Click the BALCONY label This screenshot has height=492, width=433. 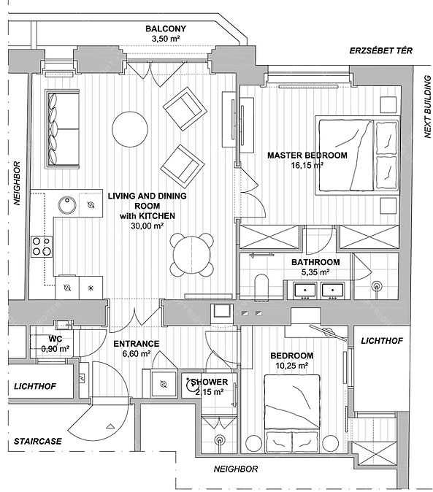coord(166,28)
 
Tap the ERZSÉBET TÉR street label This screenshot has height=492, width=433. coord(381,50)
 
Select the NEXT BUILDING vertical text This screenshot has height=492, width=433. coord(427,107)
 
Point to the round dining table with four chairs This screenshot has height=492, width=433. coord(192,255)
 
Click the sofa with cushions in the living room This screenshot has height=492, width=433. coord(63,129)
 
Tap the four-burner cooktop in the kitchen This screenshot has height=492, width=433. coord(42,246)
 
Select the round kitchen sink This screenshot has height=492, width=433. coord(67,205)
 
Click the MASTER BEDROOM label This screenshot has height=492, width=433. coord(307,155)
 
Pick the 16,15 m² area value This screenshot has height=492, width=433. coord(307,165)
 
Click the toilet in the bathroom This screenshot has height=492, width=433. coord(261,287)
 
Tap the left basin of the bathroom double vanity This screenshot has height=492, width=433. coord(304,291)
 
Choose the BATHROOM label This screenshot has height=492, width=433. coord(315,262)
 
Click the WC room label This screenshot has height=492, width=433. coord(55,339)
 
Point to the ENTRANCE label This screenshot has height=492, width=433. coord(136,344)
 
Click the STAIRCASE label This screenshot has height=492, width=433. coord(38,441)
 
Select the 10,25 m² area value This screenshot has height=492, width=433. coord(292,366)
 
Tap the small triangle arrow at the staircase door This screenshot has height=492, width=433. coord(110,426)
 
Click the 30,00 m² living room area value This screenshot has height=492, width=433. coord(147,226)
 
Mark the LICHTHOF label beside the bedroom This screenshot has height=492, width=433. coord(382,341)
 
